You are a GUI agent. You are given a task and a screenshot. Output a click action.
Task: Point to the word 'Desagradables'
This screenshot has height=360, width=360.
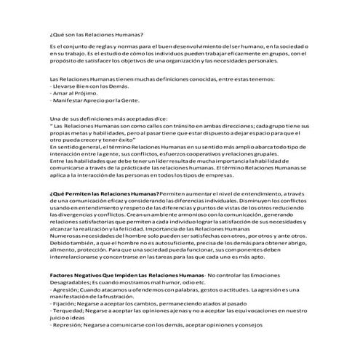click(x=71, y=284)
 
